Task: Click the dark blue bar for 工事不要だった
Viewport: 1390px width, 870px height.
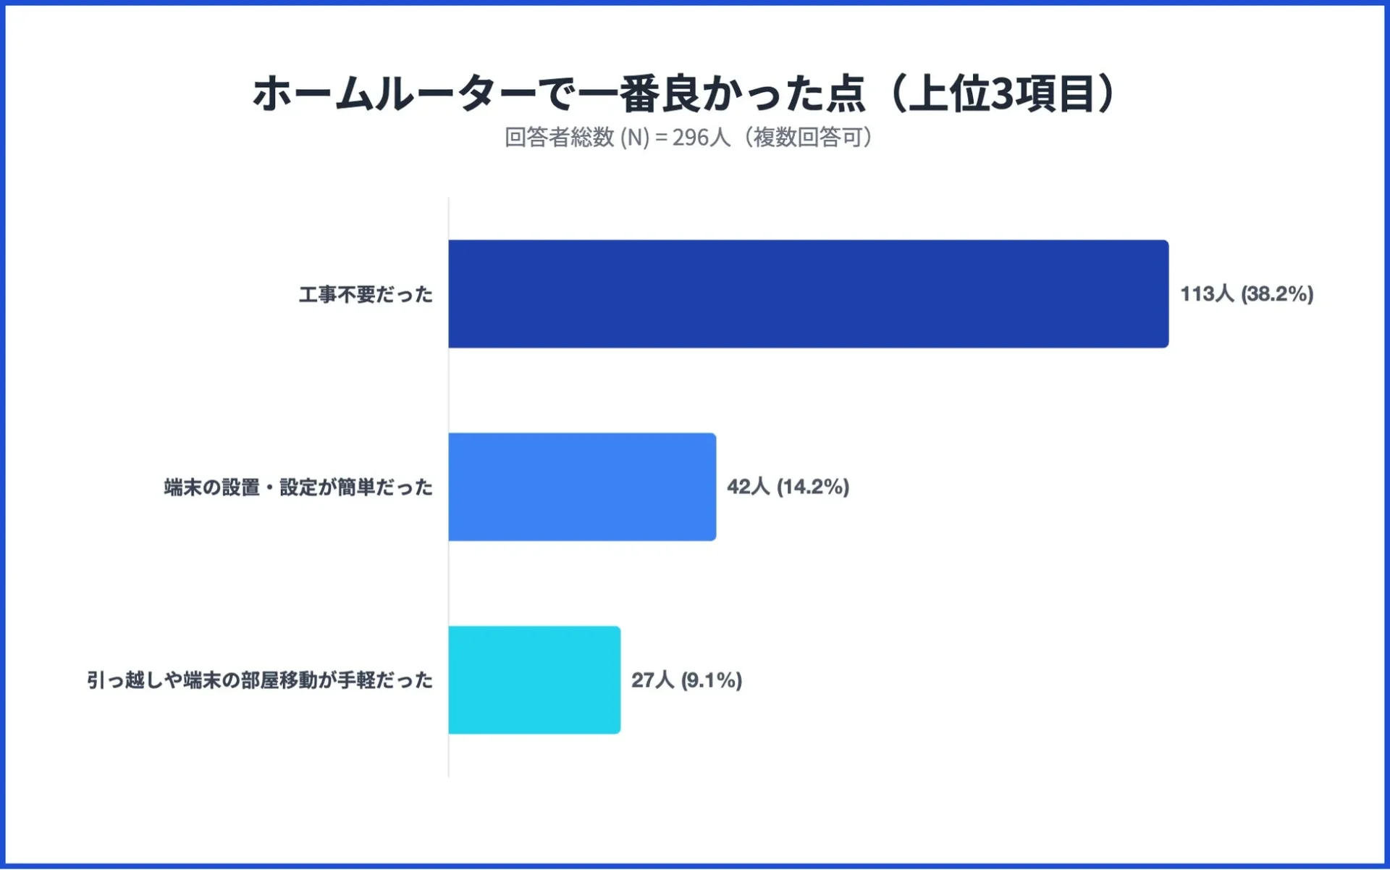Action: click(808, 294)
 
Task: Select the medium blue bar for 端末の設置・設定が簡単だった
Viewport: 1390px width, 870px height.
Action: click(582, 487)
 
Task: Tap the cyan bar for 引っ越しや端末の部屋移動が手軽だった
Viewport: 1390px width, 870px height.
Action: click(534, 680)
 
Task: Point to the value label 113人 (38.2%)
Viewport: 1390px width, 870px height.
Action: click(1247, 294)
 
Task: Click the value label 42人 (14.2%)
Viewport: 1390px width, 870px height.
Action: click(788, 487)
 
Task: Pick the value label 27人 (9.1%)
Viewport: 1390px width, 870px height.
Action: click(686, 680)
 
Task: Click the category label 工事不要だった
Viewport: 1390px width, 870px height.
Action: click(366, 295)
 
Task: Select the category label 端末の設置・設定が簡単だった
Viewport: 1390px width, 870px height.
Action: click(298, 488)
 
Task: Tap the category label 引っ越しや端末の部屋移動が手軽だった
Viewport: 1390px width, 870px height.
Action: click(260, 680)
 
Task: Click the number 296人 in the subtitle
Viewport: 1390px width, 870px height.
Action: click(701, 137)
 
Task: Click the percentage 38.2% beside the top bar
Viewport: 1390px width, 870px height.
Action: click(1277, 294)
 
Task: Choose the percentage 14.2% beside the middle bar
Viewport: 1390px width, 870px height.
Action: click(813, 487)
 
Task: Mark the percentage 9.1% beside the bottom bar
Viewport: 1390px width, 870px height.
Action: click(712, 680)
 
